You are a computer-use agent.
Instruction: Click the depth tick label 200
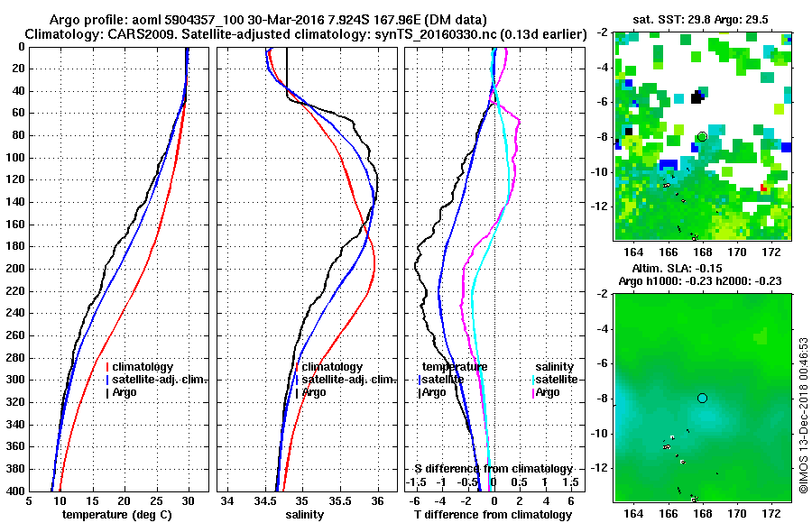click(14, 269)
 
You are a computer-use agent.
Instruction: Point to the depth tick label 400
click(14, 491)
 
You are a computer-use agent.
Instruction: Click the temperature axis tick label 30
click(188, 501)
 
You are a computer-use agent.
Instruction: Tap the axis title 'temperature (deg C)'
click(116, 515)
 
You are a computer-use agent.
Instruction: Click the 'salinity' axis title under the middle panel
click(306, 515)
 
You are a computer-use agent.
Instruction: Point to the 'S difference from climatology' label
click(494, 469)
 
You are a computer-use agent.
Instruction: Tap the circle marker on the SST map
click(702, 136)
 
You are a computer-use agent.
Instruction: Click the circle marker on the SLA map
click(702, 398)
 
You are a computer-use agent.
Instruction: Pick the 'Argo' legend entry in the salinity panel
click(314, 392)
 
